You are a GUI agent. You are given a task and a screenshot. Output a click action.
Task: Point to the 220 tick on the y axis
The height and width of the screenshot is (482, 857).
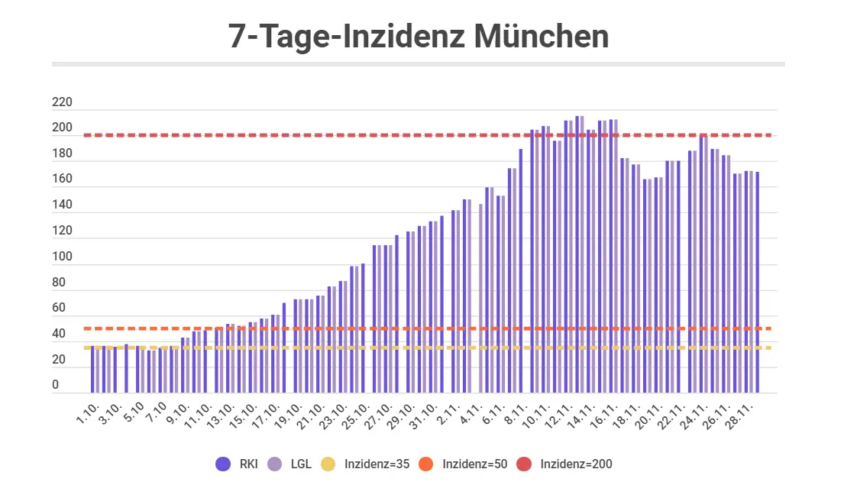coord(62,102)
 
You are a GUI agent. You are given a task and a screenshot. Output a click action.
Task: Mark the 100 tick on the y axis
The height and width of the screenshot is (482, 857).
coord(62,257)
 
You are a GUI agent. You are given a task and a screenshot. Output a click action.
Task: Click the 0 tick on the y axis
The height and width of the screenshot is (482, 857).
coord(56,386)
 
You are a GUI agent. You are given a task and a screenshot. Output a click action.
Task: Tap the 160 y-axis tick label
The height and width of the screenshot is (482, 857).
coord(62,180)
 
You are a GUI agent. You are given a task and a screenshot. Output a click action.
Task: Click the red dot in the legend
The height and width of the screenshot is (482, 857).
coord(525,464)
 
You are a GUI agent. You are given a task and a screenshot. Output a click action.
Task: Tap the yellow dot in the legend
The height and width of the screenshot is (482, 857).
coord(328,464)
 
